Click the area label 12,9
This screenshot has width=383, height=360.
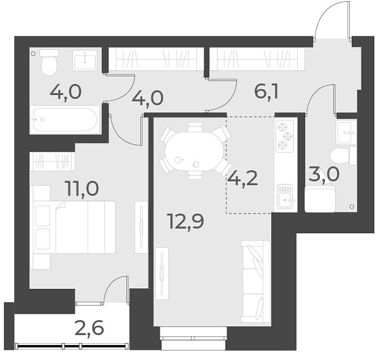(185, 221)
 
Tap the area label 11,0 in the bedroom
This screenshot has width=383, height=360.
(83, 189)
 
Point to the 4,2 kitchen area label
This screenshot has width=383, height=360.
(242, 177)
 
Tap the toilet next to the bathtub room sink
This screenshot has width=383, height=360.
(49, 63)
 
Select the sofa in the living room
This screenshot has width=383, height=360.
(256, 281)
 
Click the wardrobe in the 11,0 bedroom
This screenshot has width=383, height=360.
(52, 161)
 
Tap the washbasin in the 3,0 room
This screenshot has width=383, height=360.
(346, 131)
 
